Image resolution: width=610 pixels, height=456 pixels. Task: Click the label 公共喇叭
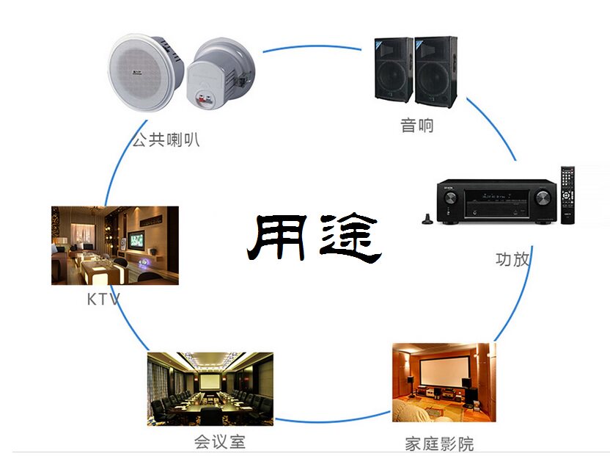point(166,139)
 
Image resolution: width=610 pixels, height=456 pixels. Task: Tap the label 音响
point(417,125)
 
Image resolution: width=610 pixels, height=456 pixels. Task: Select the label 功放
point(512,258)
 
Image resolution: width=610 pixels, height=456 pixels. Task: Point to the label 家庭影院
point(439,444)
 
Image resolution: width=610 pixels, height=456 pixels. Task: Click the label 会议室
point(219,441)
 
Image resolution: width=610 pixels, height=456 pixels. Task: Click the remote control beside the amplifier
point(567,195)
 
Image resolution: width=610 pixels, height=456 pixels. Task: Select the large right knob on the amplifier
point(541,198)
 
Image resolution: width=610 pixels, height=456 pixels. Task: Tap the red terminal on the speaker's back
point(203,96)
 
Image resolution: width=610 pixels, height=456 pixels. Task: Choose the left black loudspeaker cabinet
point(395,70)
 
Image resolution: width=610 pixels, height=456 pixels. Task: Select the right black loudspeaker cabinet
point(437,70)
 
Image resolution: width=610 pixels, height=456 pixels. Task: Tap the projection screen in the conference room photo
point(210,382)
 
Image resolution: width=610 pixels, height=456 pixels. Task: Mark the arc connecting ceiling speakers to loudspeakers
point(315,46)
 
